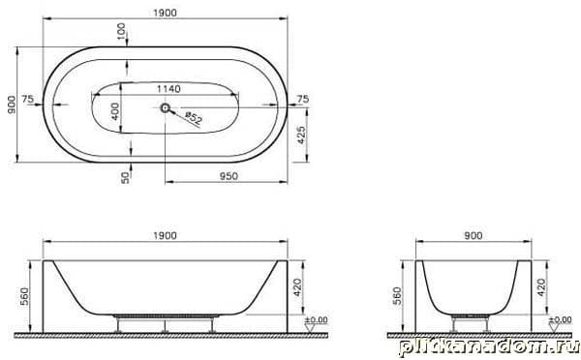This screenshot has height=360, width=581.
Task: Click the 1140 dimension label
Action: click(x=168, y=89)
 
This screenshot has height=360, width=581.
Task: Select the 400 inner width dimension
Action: click(x=115, y=111)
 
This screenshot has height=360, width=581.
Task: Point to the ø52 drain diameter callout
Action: click(x=194, y=118)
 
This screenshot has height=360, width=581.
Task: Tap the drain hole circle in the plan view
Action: click(x=165, y=107)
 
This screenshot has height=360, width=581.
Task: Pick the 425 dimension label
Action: click(x=301, y=135)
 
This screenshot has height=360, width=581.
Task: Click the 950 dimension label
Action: click(x=229, y=176)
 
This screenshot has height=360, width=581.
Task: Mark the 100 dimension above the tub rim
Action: click(x=121, y=32)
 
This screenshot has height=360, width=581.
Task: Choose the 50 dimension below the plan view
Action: click(x=126, y=177)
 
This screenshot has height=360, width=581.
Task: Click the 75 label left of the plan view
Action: click(x=28, y=99)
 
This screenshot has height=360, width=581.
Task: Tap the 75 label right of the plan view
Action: click(x=302, y=99)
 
